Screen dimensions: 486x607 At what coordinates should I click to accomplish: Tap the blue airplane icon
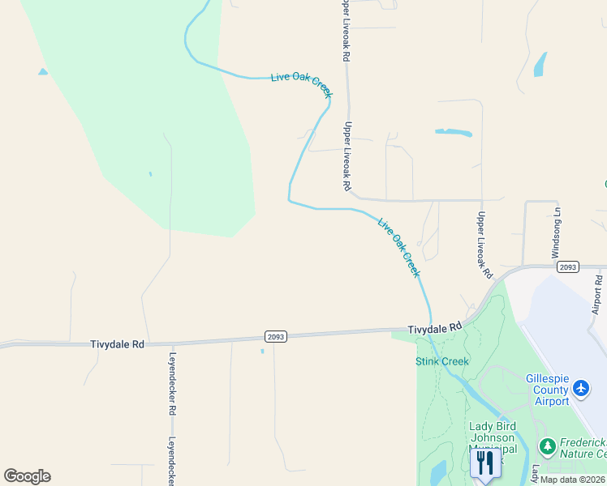581,390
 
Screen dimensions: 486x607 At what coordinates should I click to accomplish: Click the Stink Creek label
442,361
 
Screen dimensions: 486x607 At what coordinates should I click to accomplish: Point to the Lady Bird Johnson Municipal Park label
493,438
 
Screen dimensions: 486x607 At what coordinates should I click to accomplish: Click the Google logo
27,476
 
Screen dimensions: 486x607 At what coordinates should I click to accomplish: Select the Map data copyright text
573,480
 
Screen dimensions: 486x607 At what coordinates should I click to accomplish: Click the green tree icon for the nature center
548,446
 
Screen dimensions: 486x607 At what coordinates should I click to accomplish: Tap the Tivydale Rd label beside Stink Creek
434,329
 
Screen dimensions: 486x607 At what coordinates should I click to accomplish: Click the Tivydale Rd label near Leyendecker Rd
117,344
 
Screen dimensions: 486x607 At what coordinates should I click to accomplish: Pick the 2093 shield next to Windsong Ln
568,266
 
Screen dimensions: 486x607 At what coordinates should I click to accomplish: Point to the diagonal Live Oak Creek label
399,246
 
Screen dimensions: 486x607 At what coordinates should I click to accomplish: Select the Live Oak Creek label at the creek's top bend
302,83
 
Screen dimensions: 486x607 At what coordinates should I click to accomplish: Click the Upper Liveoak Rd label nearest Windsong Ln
484,245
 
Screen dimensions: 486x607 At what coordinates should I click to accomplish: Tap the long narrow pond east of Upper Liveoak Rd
454,131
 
